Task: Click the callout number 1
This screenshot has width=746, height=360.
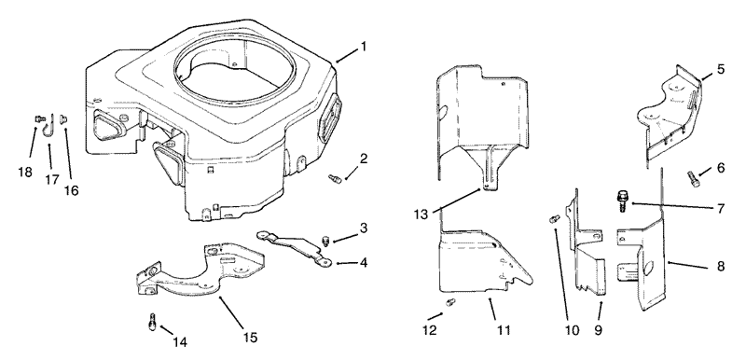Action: pyautogui.click(x=364, y=47)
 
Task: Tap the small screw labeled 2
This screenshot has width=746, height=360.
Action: pyautogui.click(x=336, y=179)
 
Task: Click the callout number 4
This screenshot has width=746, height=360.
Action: pyautogui.click(x=364, y=262)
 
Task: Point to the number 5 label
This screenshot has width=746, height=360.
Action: pyautogui.click(x=721, y=69)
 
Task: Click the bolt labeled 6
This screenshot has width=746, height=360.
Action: pyautogui.click(x=694, y=179)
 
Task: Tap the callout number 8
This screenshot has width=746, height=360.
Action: pyautogui.click(x=721, y=267)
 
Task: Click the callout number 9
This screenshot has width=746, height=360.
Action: pyautogui.click(x=598, y=330)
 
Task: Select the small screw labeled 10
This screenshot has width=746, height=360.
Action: pyautogui.click(x=554, y=219)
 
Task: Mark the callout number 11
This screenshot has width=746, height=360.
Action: pyautogui.click(x=504, y=330)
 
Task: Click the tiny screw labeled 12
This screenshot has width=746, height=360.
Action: pyautogui.click(x=450, y=301)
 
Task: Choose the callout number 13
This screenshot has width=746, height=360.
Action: pyautogui.click(x=421, y=215)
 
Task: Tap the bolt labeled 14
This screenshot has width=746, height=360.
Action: pyautogui.click(x=153, y=322)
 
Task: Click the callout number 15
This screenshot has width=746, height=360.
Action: pyautogui.click(x=250, y=338)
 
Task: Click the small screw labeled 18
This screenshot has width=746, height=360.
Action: pyautogui.click(x=39, y=118)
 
